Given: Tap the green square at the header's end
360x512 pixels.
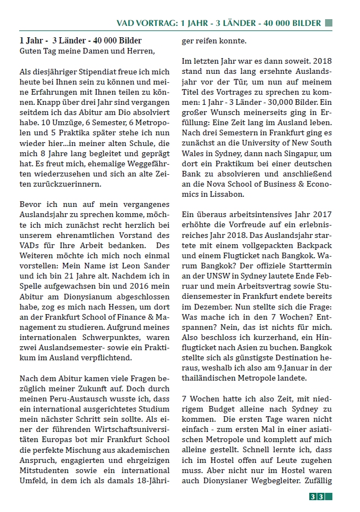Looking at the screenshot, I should click(x=329, y=23).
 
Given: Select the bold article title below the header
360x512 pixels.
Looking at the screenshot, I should click(x=81, y=41).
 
